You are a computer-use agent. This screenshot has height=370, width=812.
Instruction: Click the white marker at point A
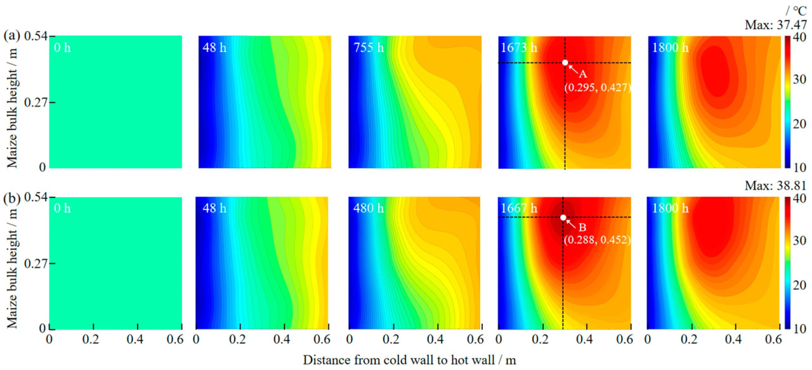565,62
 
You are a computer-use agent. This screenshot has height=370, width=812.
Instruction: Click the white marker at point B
563,218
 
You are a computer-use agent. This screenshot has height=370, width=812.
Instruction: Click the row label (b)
10,197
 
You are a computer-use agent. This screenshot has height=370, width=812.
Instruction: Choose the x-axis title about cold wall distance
409,360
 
